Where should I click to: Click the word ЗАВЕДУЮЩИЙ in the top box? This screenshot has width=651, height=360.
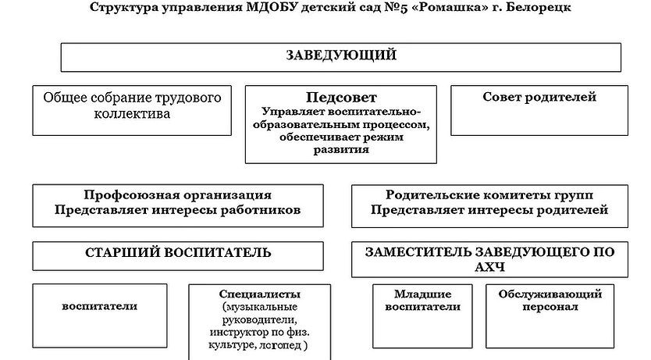coord(341,55)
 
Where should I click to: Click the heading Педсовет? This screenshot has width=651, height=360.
coord(341,97)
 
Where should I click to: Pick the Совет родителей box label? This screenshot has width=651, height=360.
coord(539,97)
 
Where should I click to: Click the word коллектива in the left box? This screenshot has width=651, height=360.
coord(132,114)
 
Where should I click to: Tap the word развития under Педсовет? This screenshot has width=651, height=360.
coord(341,150)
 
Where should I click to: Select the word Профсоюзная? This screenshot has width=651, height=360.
coord(132,194)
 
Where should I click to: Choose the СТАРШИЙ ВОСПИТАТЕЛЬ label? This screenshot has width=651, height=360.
coord(178,253)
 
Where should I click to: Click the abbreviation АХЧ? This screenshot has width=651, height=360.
coord(489,267)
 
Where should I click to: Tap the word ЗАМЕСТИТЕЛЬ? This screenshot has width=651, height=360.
coord(418,252)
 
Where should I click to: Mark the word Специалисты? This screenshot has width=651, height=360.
coord(259,294)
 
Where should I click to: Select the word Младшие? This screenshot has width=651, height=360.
coord(422,294)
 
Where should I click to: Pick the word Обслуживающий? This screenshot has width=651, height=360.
coord(550,294)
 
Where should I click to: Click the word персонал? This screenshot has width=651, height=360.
coord(550,307)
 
